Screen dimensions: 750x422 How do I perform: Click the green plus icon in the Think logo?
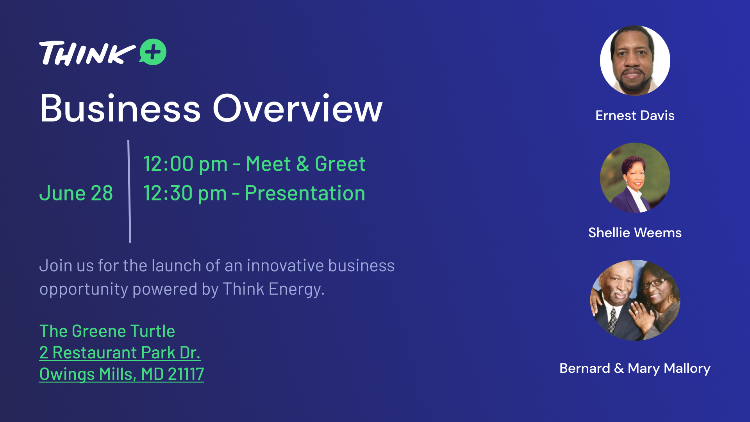(153, 52)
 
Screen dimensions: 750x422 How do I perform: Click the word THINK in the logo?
(87, 53)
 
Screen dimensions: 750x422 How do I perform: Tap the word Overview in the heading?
(297, 108)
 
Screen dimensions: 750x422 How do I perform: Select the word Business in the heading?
(120, 108)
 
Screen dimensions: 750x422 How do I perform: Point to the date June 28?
(76, 193)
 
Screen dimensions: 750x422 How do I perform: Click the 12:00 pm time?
(186, 164)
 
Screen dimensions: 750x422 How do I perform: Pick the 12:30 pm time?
(185, 193)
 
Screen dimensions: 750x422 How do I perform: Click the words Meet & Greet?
(305, 164)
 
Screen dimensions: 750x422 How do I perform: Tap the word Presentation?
(305, 193)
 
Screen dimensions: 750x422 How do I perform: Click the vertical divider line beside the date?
(129, 191)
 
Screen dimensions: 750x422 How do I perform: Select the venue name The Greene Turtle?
(107, 331)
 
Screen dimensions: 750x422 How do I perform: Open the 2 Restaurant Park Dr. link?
(120, 352)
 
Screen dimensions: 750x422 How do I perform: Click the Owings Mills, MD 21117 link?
(121, 374)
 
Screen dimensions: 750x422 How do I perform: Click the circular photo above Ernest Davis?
(635, 61)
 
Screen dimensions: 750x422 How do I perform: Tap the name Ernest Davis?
(635, 115)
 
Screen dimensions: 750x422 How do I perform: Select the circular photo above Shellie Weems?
(635, 178)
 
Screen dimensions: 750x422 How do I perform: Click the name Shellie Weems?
(635, 232)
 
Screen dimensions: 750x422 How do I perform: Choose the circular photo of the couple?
(635, 300)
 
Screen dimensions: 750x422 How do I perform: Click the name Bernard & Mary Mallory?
(635, 368)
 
